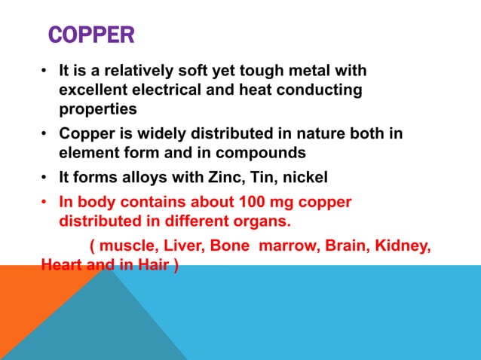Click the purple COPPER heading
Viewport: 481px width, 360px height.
(91, 35)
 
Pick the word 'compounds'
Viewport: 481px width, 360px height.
(262, 153)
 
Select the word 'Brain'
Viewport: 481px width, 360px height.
(344, 247)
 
